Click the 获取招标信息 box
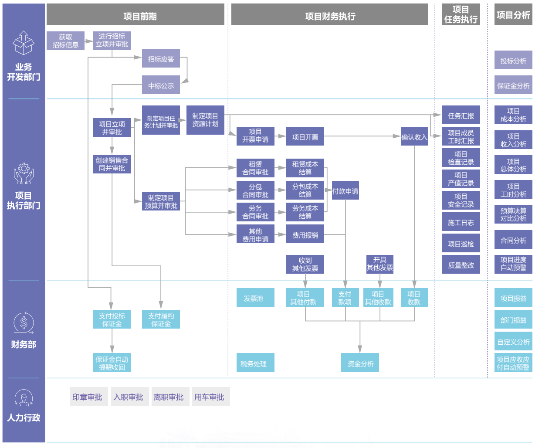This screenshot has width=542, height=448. tap(65, 41)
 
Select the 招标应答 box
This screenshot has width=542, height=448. tap(161, 59)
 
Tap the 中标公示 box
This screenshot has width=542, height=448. tap(161, 85)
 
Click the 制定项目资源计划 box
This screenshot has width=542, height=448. tap(205, 120)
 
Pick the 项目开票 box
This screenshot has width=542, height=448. tap(305, 137)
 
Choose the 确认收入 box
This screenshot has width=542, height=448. tap(414, 137)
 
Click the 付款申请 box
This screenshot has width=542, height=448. tap(345, 191)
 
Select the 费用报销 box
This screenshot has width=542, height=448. tap(305, 235)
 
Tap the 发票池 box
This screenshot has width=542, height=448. tap(255, 298)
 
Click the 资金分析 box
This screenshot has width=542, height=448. tap(360, 363)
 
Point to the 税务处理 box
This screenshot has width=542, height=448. tap(255, 363)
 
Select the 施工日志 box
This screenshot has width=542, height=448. tap(461, 222)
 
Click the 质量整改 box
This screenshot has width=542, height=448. tap(461, 265)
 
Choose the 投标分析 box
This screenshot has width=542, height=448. tap(513, 61)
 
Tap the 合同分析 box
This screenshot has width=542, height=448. tap(513, 240)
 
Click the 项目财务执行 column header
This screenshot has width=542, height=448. tap(329, 16)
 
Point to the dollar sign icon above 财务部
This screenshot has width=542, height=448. tap(24, 323)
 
